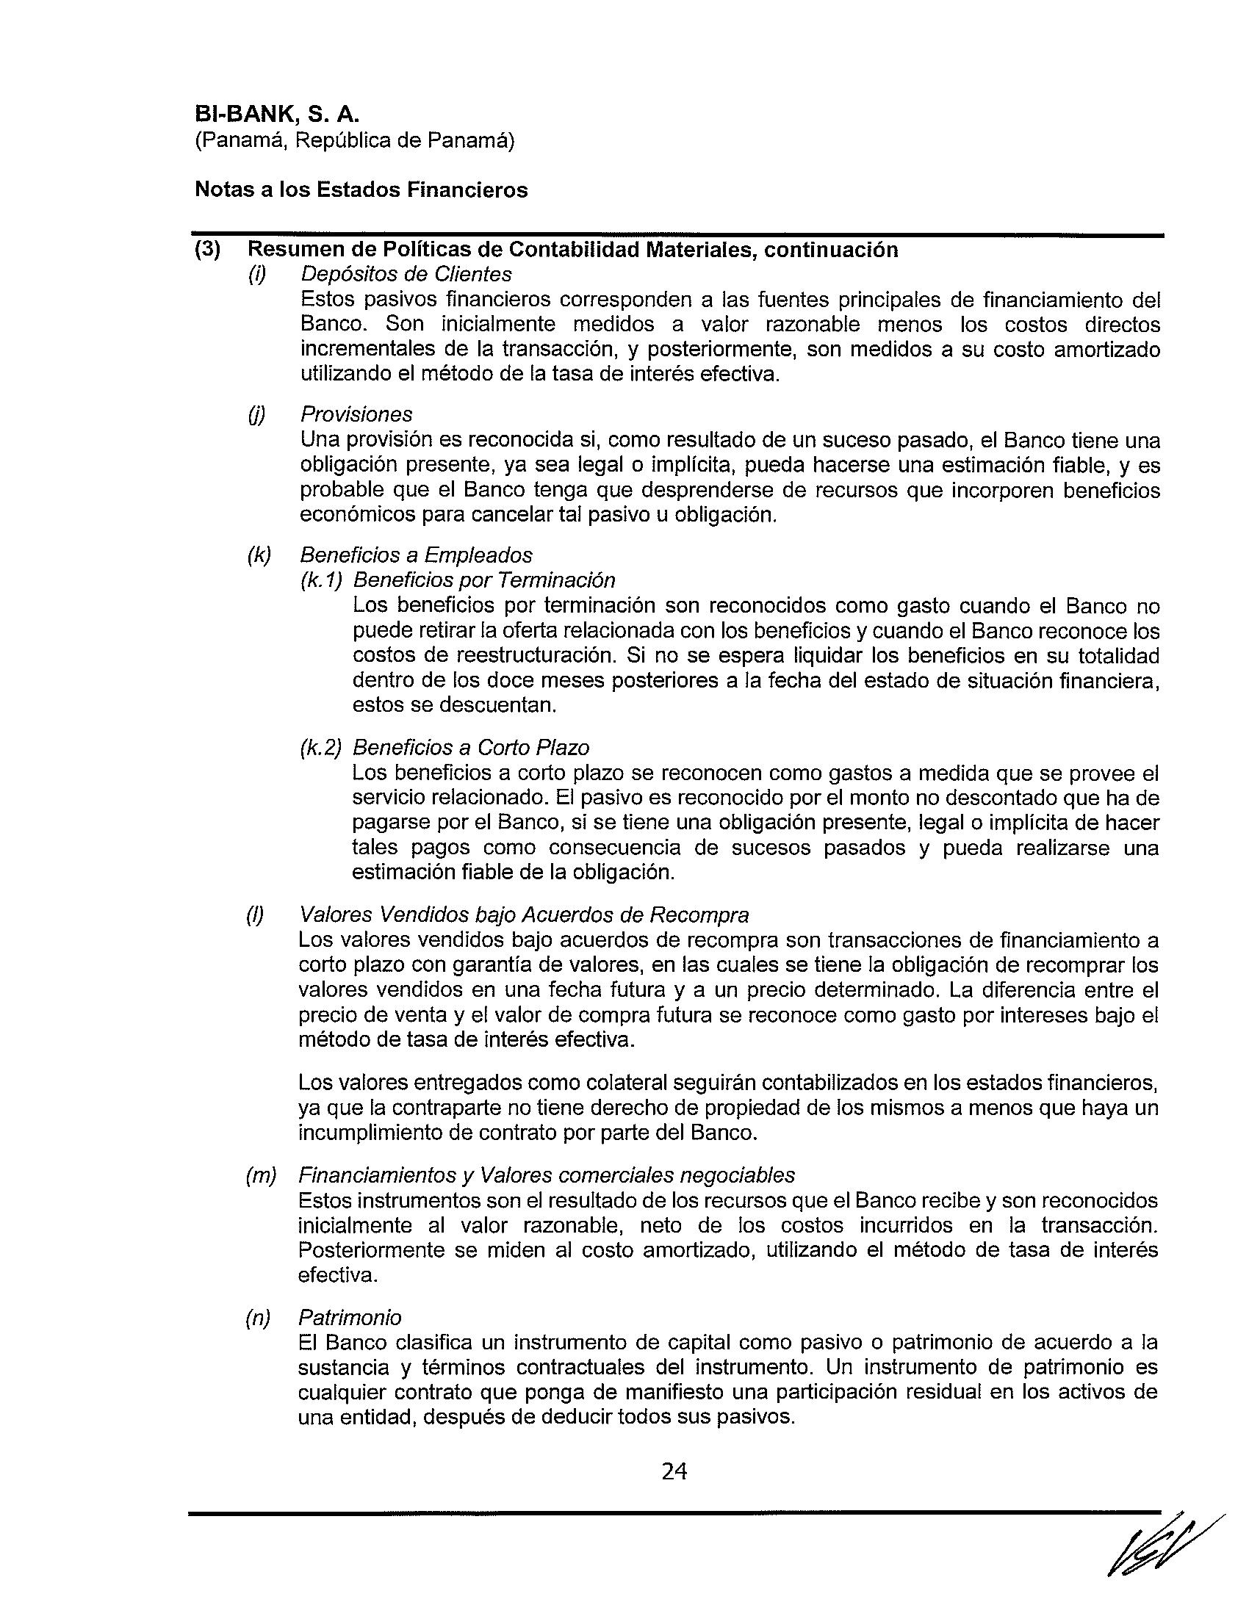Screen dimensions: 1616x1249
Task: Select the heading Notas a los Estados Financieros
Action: click(x=361, y=190)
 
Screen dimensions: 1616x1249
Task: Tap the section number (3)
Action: click(x=207, y=250)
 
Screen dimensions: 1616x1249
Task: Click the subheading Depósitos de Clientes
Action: click(x=406, y=275)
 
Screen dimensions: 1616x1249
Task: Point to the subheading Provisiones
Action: click(x=356, y=414)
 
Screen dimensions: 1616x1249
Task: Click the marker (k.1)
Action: click(x=321, y=580)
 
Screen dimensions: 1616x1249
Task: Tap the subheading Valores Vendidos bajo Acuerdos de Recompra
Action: click(x=523, y=915)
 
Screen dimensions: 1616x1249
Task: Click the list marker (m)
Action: click(x=259, y=1175)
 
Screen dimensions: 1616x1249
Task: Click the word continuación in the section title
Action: click(x=831, y=250)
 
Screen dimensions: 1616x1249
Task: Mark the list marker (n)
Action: click(x=258, y=1318)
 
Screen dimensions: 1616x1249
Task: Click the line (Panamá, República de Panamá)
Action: click(x=354, y=140)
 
